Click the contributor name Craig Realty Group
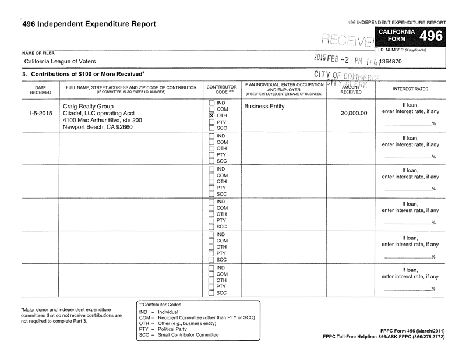point(88,106)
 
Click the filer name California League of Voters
point(60,61)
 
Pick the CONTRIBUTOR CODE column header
point(221,89)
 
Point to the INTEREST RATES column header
point(410,89)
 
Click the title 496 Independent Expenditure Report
point(89,24)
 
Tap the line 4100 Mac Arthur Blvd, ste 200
point(102,120)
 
